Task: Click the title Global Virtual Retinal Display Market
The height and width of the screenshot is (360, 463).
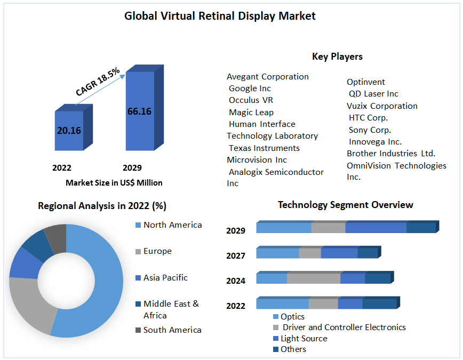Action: [220, 16]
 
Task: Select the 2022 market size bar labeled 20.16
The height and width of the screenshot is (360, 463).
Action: [69, 130]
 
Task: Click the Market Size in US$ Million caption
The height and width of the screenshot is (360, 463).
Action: [114, 182]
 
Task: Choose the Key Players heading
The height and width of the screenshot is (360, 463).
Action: [337, 57]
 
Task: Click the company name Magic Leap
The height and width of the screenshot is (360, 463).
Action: [251, 112]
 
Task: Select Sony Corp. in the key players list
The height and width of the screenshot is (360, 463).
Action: [370, 130]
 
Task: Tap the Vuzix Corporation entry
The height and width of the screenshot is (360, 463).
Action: [382, 106]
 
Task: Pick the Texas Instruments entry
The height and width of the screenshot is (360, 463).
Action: [264, 148]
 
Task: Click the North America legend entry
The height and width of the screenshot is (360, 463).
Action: [172, 225]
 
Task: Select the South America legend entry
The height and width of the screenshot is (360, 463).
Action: [172, 330]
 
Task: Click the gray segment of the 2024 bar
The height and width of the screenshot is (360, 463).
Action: [314, 278]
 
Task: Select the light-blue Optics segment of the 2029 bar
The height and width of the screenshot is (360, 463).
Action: [284, 228]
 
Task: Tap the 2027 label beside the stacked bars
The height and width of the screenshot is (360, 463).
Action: [236, 255]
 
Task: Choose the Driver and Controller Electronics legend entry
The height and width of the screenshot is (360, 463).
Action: [344, 327]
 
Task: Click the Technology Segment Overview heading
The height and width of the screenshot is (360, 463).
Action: [345, 205]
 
